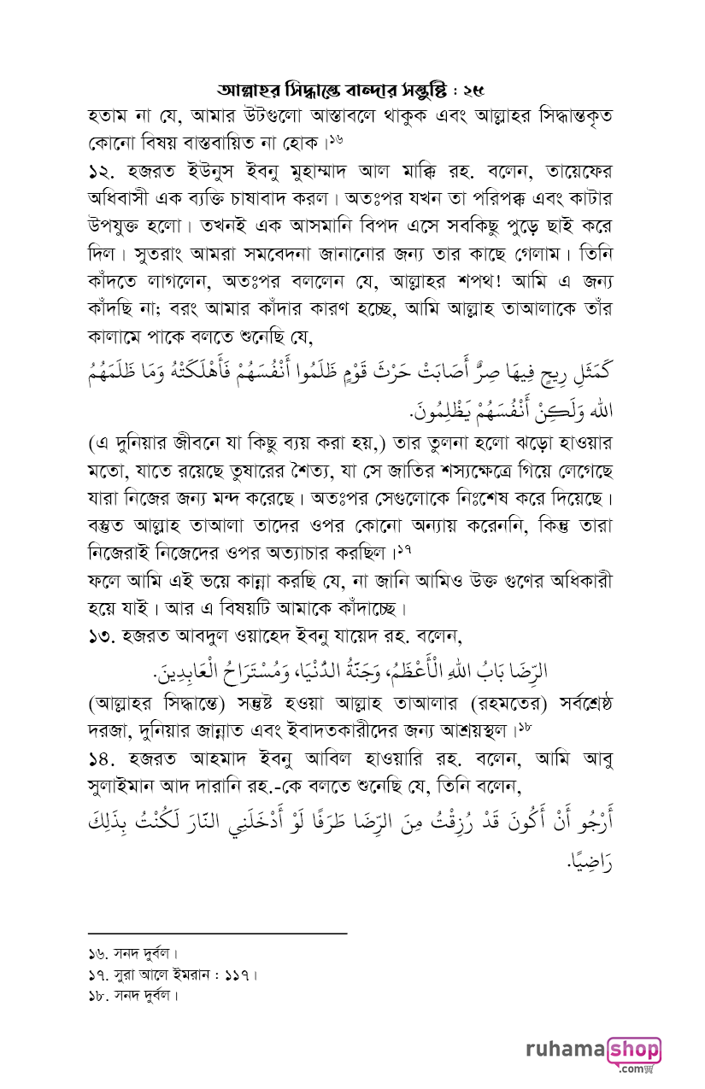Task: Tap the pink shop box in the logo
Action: pos(633,1047)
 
